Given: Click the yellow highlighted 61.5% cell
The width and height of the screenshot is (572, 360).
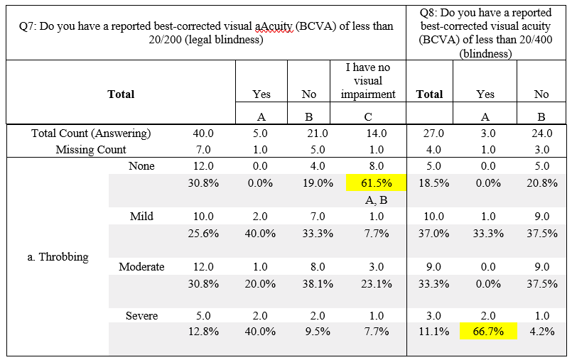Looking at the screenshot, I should pyautogui.click(x=376, y=182).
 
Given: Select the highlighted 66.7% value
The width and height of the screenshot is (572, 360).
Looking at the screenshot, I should pyautogui.click(x=487, y=332).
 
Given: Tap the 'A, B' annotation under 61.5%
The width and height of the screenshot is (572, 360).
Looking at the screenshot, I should pyautogui.click(x=376, y=200).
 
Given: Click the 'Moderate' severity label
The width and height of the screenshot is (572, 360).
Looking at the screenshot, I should pyautogui.click(x=141, y=267).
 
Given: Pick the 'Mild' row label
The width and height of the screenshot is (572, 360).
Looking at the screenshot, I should pyautogui.click(x=142, y=216).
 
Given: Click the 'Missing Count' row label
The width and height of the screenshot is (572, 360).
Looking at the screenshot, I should pyautogui.click(x=91, y=149).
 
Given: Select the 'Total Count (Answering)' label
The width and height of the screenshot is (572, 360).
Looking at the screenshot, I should pyautogui.click(x=91, y=133).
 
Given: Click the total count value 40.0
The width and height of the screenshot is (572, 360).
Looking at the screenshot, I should pyautogui.click(x=203, y=133).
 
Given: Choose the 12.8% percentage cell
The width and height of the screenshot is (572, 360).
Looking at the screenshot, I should pyautogui.click(x=203, y=332).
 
